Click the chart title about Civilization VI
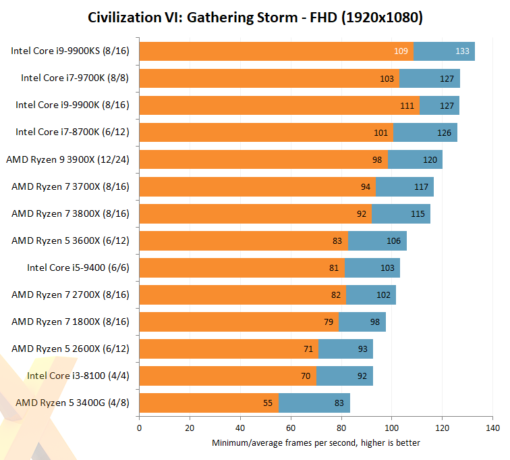(255, 18)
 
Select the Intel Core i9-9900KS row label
(69, 51)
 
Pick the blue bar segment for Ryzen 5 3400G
(314, 403)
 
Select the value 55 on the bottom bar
(266, 403)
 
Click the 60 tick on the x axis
(291, 428)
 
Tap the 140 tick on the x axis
(492, 428)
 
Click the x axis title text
(316, 443)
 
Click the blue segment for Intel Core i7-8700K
(425, 132)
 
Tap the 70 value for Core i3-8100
(305, 376)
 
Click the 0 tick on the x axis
(139, 428)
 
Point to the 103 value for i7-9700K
(387, 78)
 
